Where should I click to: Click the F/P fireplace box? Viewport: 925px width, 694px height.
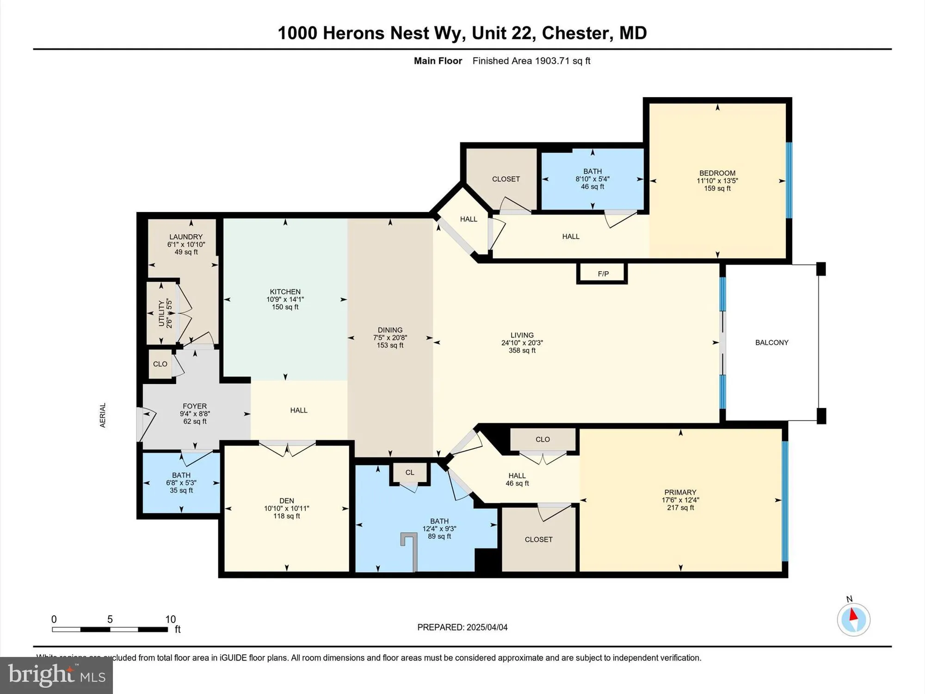(x=603, y=273)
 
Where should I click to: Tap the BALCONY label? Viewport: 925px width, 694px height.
(x=771, y=342)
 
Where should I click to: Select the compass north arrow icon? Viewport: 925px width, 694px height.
(x=853, y=619)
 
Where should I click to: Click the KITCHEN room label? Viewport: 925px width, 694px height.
(x=285, y=291)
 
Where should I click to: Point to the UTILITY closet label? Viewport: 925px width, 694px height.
(x=161, y=313)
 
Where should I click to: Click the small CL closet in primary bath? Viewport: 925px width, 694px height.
(x=410, y=472)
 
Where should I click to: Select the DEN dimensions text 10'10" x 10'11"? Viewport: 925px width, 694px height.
(x=286, y=508)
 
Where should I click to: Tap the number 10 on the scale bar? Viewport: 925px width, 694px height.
(x=170, y=619)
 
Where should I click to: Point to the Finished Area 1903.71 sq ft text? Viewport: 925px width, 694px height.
(x=531, y=61)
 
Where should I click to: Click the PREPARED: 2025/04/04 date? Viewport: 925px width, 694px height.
(x=462, y=627)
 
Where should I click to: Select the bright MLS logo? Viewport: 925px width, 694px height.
(x=56, y=675)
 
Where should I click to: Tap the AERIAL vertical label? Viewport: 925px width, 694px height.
(x=103, y=415)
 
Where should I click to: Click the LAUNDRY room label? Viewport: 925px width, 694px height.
(x=186, y=236)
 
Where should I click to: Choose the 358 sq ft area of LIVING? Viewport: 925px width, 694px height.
(x=522, y=350)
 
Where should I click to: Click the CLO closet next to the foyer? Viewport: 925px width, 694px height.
(x=160, y=364)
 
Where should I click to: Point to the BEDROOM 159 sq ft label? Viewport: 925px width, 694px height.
(x=717, y=188)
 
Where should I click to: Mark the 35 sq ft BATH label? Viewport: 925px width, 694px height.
(x=181, y=490)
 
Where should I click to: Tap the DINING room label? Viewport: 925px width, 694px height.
(x=390, y=330)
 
